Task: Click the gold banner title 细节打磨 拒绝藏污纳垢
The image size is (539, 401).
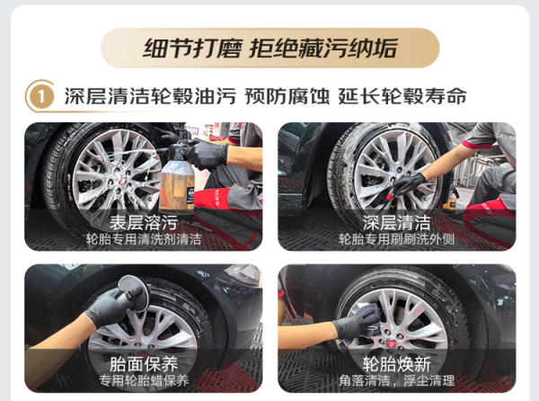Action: click(x=270, y=49)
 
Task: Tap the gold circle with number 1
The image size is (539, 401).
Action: click(x=40, y=96)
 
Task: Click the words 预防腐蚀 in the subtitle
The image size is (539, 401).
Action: click(x=287, y=96)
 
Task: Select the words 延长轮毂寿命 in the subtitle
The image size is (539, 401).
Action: click(x=402, y=96)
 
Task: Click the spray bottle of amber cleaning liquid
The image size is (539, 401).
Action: click(x=177, y=179)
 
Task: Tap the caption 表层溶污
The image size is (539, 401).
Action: click(x=144, y=223)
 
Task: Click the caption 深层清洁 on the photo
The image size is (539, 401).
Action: click(x=397, y=223)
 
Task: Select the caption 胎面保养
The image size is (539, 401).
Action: click(x=144, y=364)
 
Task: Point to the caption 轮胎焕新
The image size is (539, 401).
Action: click(x=397, y=364)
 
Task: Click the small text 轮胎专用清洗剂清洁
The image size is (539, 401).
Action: click(x=144, y=239)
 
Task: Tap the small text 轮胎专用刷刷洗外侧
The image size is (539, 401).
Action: click(x=397, y=239)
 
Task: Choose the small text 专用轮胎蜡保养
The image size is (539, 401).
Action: click(x=144, y=380)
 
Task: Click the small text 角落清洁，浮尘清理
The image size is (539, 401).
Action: click(x=397, y=380)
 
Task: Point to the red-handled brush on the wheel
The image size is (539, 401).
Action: click(x=390, y=197)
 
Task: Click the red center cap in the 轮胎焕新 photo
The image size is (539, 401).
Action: click(x=391, y=343)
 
